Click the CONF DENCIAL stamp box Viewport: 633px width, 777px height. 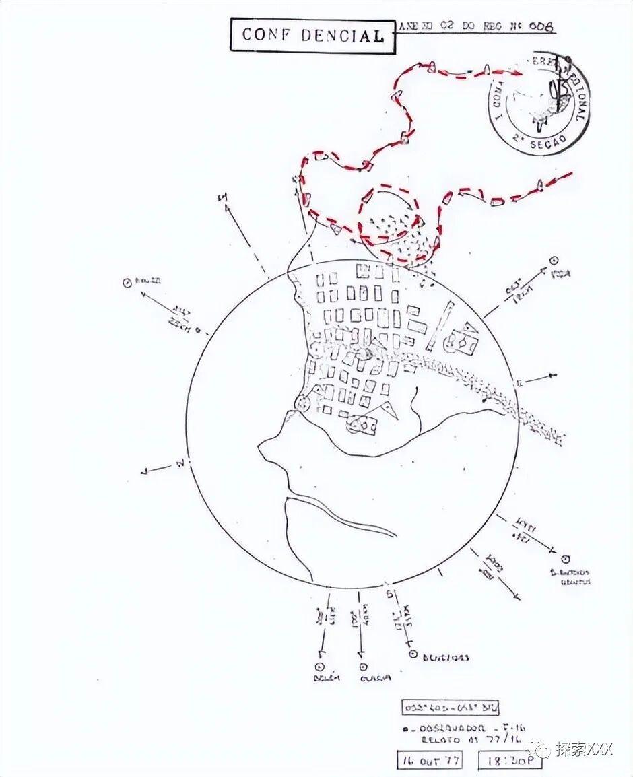(x=312, y=35)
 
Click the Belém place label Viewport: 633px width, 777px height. (x=327, y=677)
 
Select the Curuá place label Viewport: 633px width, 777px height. (x=375, y=677)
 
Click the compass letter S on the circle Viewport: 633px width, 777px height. (x=389, y=594)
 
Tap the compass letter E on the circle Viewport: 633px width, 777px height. (x=519, y=383)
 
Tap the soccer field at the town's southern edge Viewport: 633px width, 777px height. (x=362, y=425)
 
